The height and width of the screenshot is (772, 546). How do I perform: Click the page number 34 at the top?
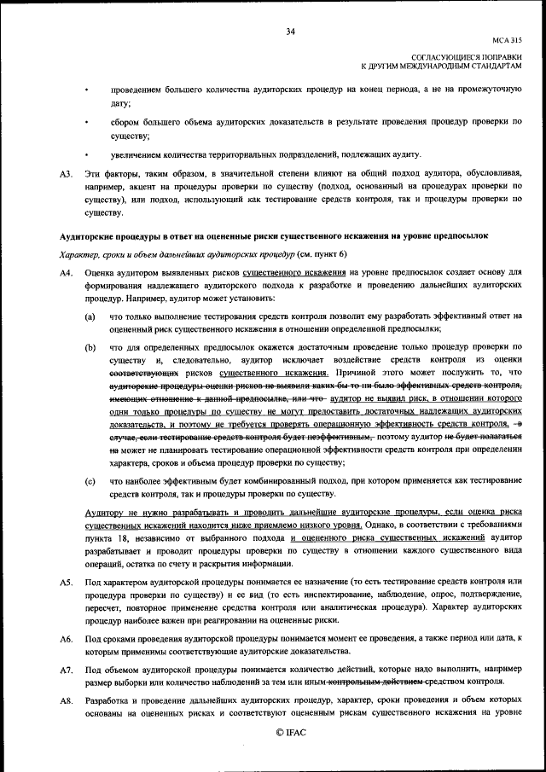coord(290,32)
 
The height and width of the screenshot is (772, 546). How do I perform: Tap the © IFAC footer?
coord(290,732)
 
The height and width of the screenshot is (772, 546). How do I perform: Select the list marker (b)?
coord(90,347)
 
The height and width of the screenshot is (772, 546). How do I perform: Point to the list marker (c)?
coord(90,481)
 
